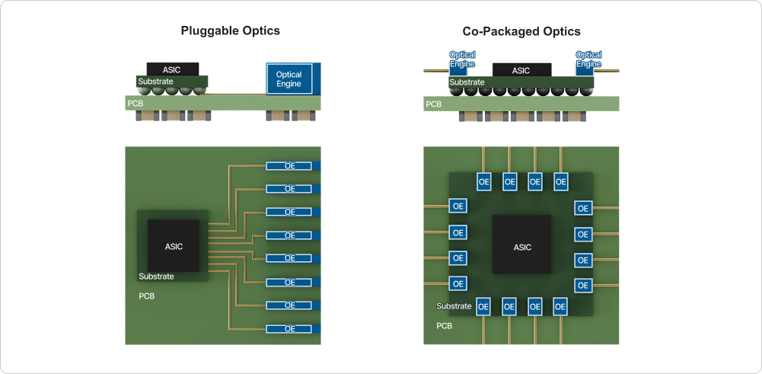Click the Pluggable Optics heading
pos(230,31)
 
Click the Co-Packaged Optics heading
pos(521,31)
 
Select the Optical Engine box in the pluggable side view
pos(289,79)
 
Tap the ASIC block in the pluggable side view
pos(172,69)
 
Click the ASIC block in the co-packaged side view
pos(521,70)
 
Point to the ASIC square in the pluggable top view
pos(174,245)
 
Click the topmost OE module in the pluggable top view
pos(290,165)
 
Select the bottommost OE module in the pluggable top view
pos(290,329)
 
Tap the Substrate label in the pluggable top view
pos(156,277)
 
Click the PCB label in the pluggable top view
pos(147,296)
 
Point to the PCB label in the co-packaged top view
pos(444,325)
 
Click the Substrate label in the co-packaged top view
pos(454,306)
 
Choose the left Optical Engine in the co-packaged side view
pos(462,60)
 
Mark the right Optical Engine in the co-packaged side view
pos(588,60)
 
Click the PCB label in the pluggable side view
pos(135,103)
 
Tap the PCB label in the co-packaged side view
pos(433,104)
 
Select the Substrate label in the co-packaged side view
pos(467,82)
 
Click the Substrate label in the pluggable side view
pos(155,81)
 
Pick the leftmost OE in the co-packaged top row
pos(484,181)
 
